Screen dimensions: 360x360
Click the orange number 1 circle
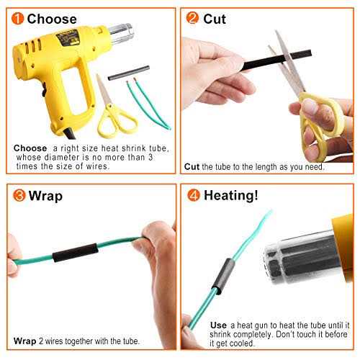[x=17, y=19]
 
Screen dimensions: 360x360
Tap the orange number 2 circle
[x=192, y=18]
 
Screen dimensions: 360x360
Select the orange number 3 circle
[x=19, y=195]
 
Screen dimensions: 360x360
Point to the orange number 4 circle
[x=194, y=195]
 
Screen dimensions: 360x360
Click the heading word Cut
[x=215, y=19]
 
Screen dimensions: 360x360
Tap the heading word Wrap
[x=45, y=196]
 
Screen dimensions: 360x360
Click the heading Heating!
[x=231, y=195]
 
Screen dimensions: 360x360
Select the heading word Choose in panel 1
[x=52, y=19]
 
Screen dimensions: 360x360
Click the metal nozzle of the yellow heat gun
[x=121, y=34]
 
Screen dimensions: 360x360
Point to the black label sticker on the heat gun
[x=68, y=37]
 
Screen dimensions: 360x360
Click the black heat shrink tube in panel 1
[x=129, y=73]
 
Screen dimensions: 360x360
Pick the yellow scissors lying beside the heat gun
[x=113, y=110]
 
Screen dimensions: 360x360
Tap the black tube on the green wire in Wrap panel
[x=75, y=253]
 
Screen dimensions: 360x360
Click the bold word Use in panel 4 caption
[x=218, y=325]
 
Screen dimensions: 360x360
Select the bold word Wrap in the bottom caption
[x=24, y=341]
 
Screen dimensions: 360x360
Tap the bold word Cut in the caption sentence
[x=192, y=166]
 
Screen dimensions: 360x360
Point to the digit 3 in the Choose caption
[x=150, y=158]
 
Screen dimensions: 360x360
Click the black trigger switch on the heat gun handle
[x=44, y=89]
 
